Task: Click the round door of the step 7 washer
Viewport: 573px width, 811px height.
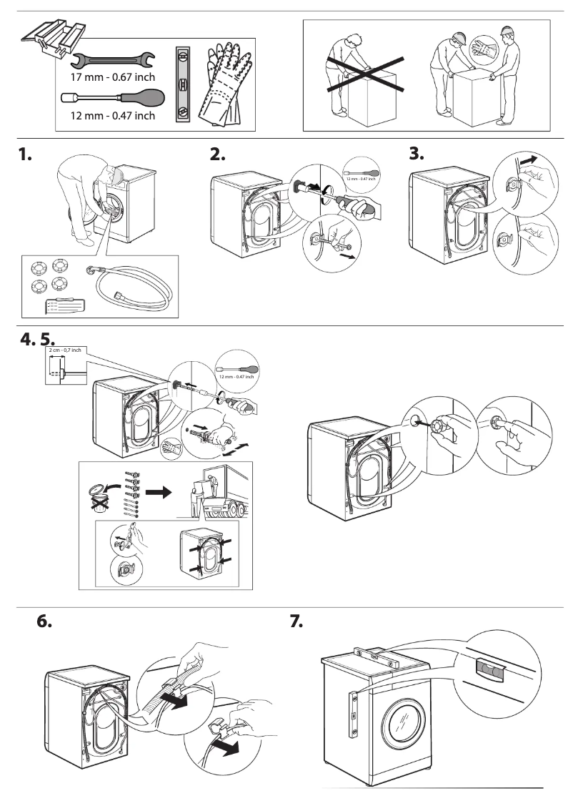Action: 402,727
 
